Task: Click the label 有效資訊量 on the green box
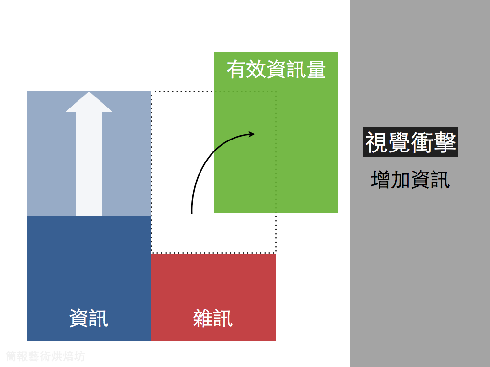pyautogui.click(x=276, y=70)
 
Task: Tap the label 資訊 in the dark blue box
pyautogui.click(x=89, y=318)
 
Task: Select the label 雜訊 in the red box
pyautogui.click(x=213, y=318)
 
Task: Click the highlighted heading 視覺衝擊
pyautogui.click(x=411, y=142)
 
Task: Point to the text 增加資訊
pyautogui.click(x=411, y=180)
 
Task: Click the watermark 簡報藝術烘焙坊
pyautogui.click(x=45, y=356)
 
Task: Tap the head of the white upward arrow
pyautogui.click(x=89, y=102)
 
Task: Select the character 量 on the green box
pyautogui.click(x=316, y=70)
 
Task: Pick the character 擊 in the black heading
pyautogui.click(x=445, y=142)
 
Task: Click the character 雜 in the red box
pyautogui.click(x=203, y=318)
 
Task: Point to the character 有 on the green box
pyautogui.click(x=236, y=70)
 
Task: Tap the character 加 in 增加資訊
pyautogui.click(x=401, y=180)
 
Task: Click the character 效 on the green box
pyautogui.click(x=256, y=70)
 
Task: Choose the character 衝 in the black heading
pyautogui.click(x=422, y=142)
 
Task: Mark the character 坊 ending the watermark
pyautogui.click(x=80, y=356)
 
